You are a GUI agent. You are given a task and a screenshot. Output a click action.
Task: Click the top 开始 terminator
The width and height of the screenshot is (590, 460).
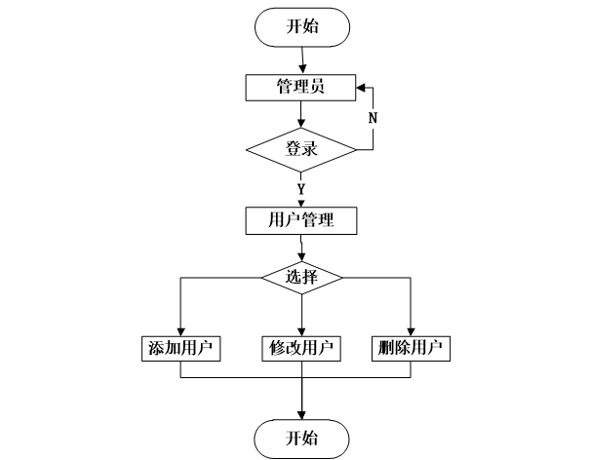[301, 26]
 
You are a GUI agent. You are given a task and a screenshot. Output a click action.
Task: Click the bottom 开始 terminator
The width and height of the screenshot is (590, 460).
[301, 436]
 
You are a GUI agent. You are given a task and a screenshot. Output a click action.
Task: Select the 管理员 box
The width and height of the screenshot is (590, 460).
[301, 87]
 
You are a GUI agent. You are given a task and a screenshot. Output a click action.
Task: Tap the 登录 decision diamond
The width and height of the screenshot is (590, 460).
[301, 149]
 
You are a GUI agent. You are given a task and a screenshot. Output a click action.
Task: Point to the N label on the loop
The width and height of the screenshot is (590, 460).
[373, 118]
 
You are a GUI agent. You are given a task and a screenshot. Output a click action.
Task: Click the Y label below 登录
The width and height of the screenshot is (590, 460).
[301, 188]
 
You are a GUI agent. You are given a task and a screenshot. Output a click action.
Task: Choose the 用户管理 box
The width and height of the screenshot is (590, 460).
[301, 219]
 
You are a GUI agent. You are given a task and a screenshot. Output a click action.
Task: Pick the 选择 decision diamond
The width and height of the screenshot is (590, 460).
[301, 277]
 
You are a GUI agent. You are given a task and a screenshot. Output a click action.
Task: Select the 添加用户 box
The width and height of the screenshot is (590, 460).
[180, 348]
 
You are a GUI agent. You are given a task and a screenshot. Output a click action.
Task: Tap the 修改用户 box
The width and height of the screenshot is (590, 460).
[301, 348]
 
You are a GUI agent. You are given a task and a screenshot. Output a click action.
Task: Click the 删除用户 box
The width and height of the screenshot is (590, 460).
[411, 348]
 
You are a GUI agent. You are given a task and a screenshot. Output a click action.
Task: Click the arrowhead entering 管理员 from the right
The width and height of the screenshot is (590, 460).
[360, 87]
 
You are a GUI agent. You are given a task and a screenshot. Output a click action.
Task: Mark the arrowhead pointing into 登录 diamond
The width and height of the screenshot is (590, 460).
[301, 125]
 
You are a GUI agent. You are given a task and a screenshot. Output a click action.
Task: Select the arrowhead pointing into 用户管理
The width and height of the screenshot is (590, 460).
[301, 201]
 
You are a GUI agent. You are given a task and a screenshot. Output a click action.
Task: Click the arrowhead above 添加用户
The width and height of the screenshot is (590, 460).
[180, 329]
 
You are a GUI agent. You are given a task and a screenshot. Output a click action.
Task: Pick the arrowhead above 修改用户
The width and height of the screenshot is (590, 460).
[301, 329]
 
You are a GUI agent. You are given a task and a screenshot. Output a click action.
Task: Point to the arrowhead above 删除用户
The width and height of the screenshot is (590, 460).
[411, 329]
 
